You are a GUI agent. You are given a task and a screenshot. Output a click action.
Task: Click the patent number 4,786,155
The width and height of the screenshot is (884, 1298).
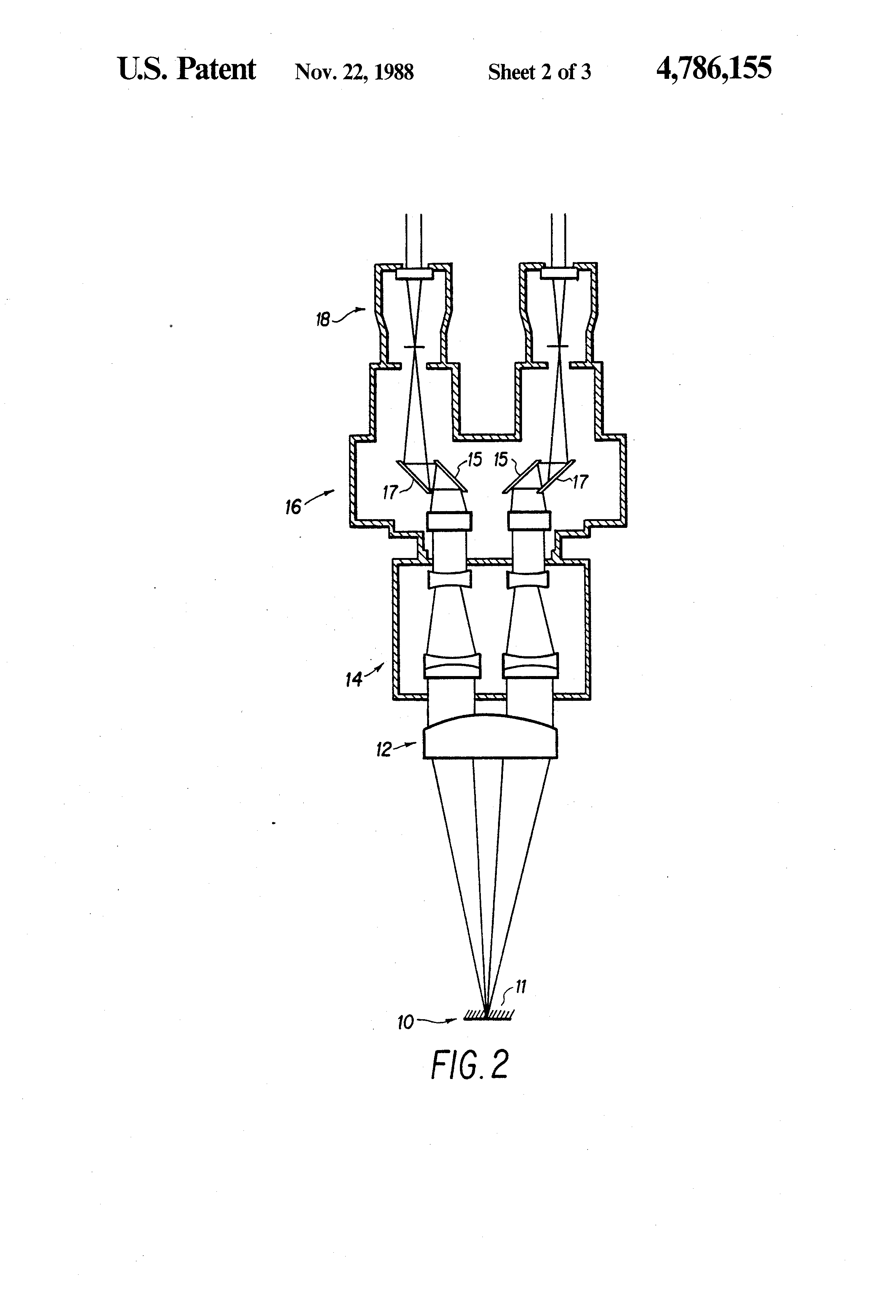click(x=714, y=70)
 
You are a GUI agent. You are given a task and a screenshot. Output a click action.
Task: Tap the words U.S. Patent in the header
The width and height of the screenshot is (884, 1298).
click(x=187, y=70)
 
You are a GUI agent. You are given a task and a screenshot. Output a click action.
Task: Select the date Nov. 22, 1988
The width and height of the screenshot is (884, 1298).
click(x=354, y=72)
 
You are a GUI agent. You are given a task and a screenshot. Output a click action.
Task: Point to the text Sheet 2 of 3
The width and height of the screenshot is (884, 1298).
click(x=539, y=72)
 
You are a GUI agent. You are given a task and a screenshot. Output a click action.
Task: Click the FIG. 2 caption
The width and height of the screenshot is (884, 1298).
click(x=470, y=1065)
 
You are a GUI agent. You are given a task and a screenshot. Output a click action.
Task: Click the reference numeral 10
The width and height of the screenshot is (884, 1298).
click(x=406, y=1023)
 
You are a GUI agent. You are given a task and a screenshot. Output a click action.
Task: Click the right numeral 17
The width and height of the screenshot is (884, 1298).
click(x=581, y=481)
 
